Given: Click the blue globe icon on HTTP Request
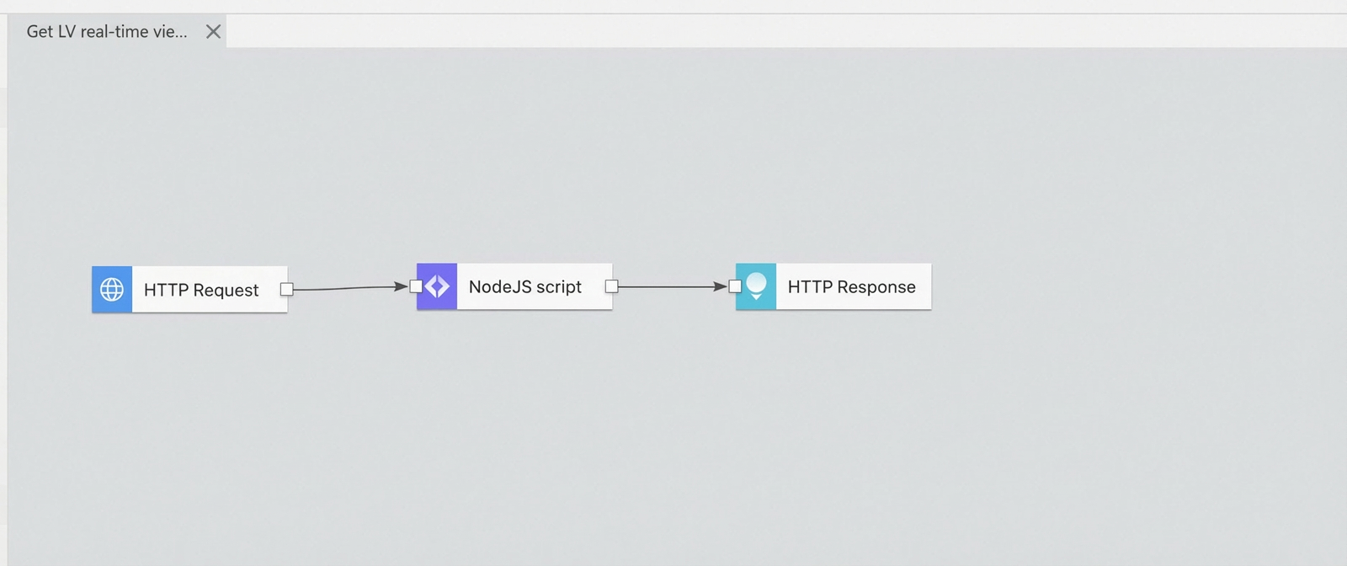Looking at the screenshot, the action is click(112, 289).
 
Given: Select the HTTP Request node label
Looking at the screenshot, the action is click(201, 290).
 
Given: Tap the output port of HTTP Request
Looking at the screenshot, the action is click(287, 289).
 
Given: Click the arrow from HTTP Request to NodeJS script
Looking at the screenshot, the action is click(350, 287).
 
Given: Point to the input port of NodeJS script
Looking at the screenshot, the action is click(416, 286).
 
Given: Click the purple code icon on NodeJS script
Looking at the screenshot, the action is click(437, 286).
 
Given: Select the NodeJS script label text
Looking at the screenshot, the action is click(525, 287).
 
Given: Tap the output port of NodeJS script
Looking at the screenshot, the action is click(611, 286).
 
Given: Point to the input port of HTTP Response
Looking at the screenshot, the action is click(735, 286).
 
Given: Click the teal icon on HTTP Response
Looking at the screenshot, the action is click(756, 286).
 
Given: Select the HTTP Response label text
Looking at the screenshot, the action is click(851, 287).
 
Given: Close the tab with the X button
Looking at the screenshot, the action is click(214, 31).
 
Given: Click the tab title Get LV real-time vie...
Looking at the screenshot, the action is click(107, 31).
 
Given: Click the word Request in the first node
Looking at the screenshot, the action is click(226, 291).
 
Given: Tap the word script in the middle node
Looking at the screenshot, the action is click(559, 287).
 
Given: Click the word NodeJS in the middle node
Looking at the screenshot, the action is click(500, 286).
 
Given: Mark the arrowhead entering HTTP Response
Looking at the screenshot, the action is click(721, 287).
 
